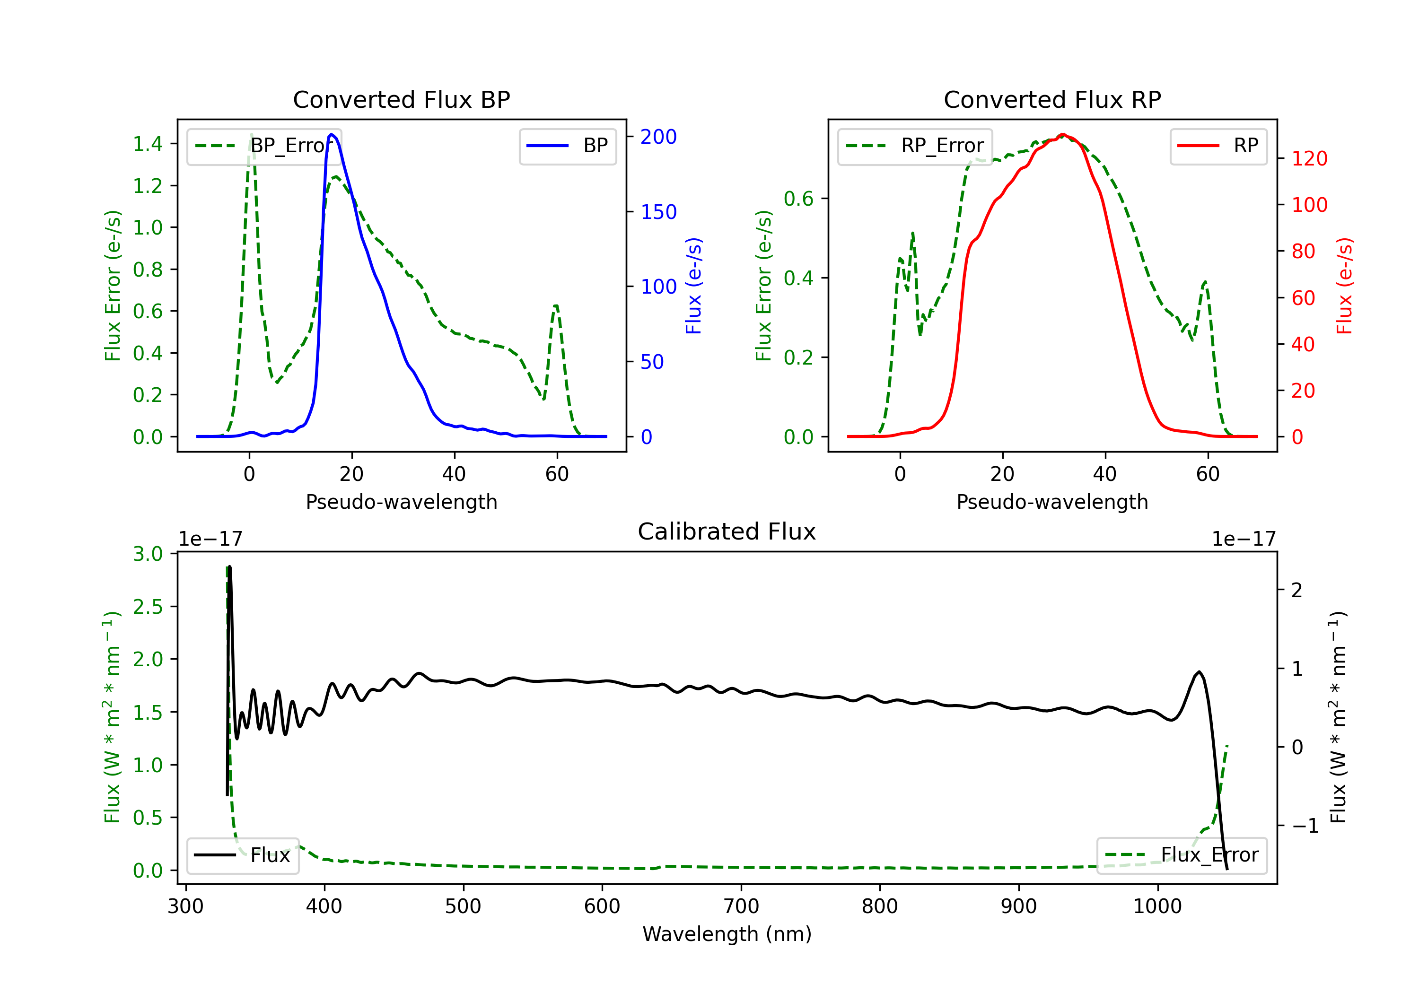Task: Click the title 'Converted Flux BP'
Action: [401, 99]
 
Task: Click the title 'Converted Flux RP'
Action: [1052, 99]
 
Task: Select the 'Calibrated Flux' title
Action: [727, 531]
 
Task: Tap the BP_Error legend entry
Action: [264, 146]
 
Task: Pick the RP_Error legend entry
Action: [915, 146]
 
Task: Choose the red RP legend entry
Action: [1218, 146]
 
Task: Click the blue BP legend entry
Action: [567, 146]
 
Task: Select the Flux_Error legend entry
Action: [1182, 855]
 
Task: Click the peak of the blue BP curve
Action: [332, 134]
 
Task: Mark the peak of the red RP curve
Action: [1062, 134]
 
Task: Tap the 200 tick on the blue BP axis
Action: [659, 137]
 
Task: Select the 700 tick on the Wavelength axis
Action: [741, 906]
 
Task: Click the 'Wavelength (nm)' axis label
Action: [727, 934]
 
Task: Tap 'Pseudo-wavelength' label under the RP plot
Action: [1052, 502]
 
